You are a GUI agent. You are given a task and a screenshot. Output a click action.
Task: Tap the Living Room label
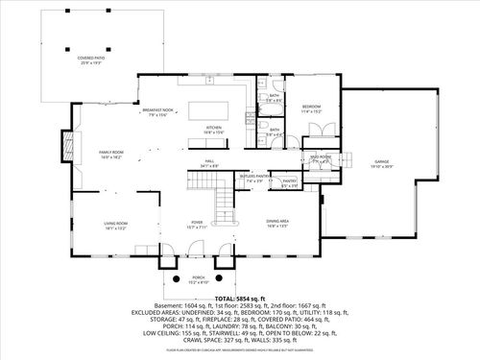(x=116, y=223)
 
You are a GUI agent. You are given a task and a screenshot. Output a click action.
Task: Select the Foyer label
(x=196, y=223)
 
